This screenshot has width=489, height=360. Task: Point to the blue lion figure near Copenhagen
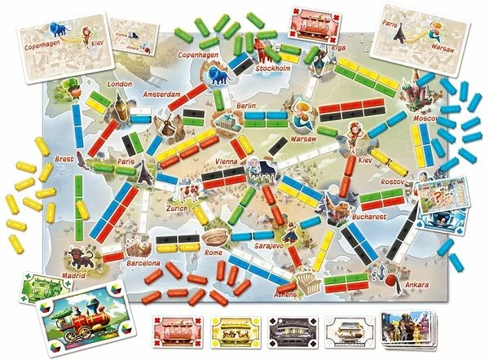coord(218,77)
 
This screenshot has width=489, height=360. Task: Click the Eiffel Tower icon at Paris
coord(143,169)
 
